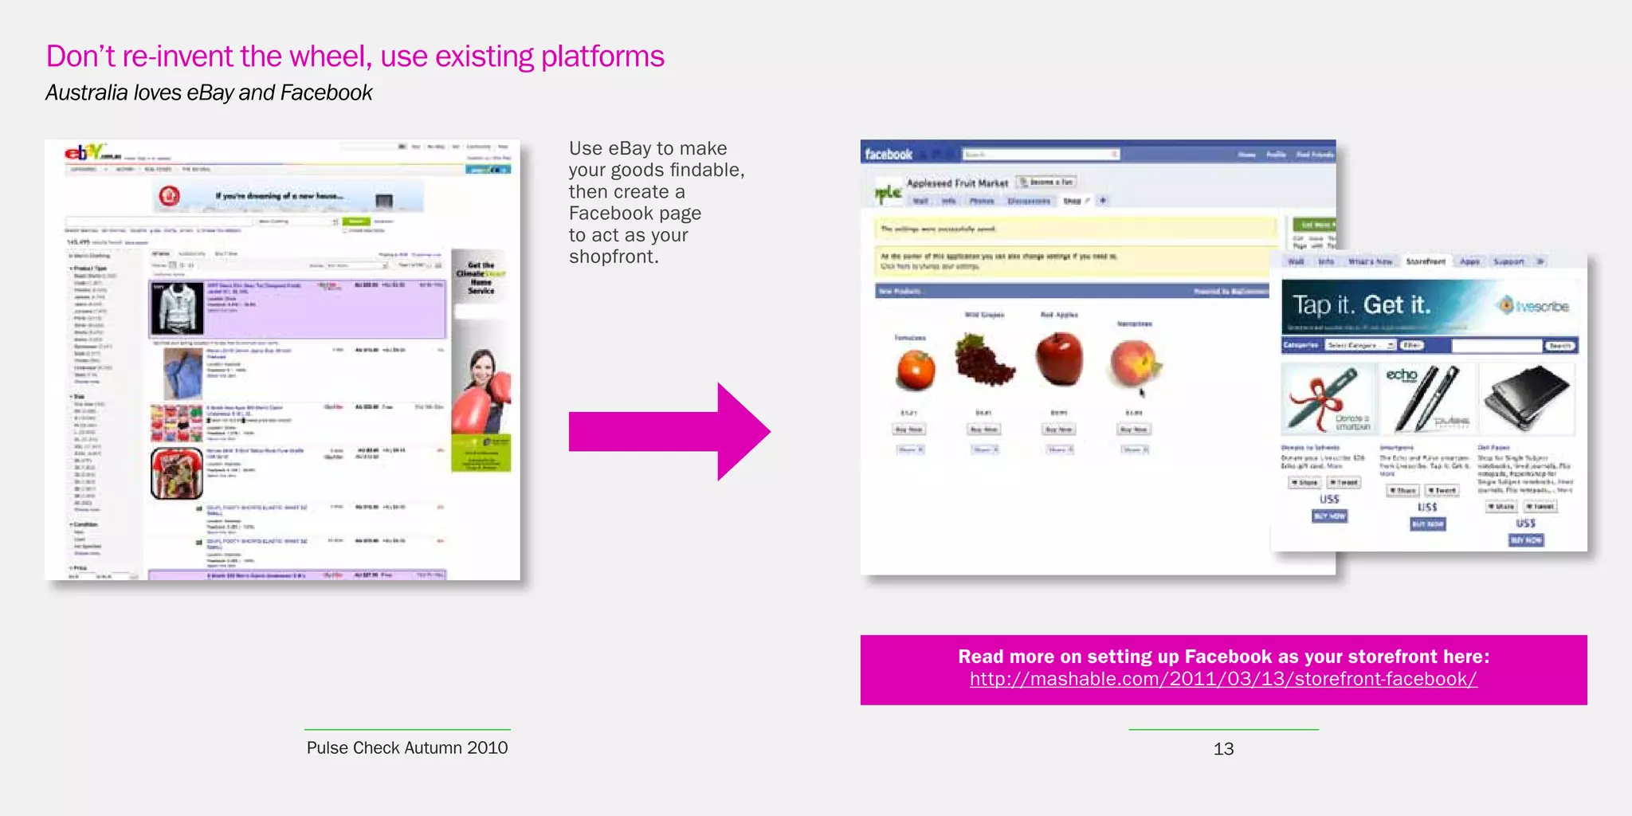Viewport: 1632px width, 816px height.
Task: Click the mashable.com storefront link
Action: coord(1223,679)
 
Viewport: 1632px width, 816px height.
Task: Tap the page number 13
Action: coord(1223,748)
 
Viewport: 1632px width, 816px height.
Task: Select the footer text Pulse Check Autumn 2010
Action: coord(406,747)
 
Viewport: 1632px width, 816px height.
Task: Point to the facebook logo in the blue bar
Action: coord(888,155)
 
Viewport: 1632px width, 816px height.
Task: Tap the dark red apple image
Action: coord(1059,359)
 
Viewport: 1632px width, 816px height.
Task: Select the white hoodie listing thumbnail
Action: coord(177,308)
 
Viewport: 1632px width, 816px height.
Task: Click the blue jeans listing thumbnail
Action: coord(182,374)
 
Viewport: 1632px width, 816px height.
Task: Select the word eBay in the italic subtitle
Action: coord(210,93)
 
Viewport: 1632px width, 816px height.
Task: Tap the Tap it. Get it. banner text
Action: coord(1361,305)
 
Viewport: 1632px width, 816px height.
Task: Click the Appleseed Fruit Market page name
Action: coord(957,183)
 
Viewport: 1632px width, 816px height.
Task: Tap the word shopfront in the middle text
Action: coord(613,257)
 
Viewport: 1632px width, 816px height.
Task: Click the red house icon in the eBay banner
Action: coord(169,195)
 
